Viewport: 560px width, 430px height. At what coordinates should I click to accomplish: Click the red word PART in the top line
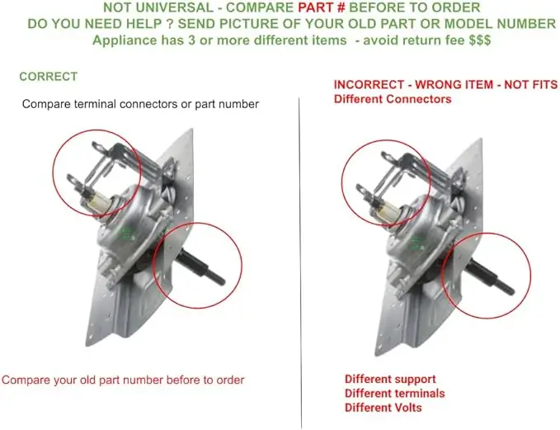pyautogui.click(x=316, y=7)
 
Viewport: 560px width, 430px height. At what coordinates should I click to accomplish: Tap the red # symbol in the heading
pyautogui.click(x=341, y=7)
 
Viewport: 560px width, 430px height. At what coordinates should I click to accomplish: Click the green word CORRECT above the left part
pyautogui.click(x=48, y=77)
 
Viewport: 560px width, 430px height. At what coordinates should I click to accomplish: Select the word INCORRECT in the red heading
pyautogui.click(x=369, y=85)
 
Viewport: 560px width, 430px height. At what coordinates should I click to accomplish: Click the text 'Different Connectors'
pyautogui.click(x=393, y=99)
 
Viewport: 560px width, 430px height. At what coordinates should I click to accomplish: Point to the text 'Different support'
pyautogui.click(x=390, y=380)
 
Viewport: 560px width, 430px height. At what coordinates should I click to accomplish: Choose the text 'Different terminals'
pyautogui.click(x=395, y=394)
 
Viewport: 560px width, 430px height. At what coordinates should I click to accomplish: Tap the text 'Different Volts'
pyautogui.click(x=384, y=408)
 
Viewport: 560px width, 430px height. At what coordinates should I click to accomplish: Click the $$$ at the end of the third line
pyautogui.click(x=480, y=40)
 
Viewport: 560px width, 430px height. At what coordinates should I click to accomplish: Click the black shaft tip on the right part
pyautogui.click(x=510, y=291)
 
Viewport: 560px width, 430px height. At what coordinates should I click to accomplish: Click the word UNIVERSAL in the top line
pyautogui.click(x=176, y=7)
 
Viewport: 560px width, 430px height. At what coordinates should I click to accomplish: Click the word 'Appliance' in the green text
pyautogui.click(x=125, y=40)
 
